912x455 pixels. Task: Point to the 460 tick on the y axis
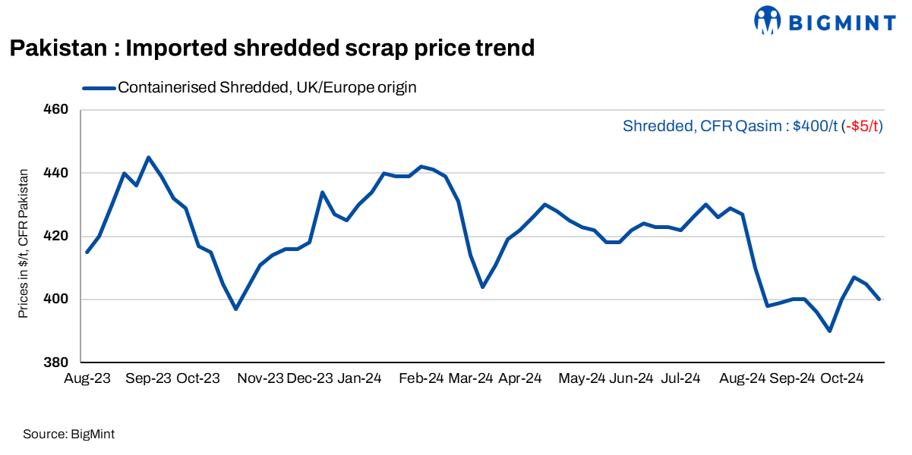[x=59, y=110]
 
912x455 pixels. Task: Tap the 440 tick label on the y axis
[x=59, y=173]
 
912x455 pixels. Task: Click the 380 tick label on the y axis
[x=59, y=362]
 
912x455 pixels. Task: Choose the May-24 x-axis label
[x=581, y=378]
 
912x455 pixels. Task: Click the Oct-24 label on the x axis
[x=841, y=378]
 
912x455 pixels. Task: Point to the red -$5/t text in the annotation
[x=863, y=127]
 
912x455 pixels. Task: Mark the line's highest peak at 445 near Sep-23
[x=148, y=157]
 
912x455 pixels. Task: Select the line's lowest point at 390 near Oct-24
[x=830, y=331]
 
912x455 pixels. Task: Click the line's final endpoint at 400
[x=879, y=300]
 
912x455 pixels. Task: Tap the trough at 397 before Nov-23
[x=235, y=309]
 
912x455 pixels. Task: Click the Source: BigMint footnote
[x=68, y=435]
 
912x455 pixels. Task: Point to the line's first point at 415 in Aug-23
[x=87, y=252]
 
